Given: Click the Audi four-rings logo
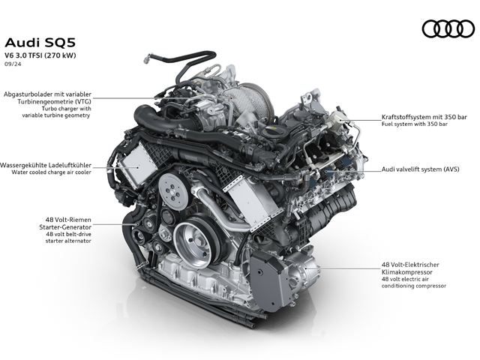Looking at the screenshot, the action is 448,28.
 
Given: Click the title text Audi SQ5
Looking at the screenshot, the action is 40,43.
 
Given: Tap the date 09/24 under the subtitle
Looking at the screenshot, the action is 13,64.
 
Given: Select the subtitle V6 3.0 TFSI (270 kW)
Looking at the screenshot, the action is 40,55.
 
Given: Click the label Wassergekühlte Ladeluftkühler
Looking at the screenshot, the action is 46,165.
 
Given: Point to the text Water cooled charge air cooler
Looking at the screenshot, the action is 52,172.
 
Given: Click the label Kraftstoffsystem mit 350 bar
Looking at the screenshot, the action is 424,117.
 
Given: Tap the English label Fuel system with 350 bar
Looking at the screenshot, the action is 415,124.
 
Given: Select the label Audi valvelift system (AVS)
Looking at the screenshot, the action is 420,169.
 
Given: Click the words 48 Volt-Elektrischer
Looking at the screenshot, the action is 410,265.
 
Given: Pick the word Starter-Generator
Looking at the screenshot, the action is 65,227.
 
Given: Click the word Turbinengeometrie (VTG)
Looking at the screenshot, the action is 54,101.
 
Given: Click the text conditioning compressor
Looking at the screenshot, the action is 413,286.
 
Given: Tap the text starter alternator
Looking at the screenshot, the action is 68,241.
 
